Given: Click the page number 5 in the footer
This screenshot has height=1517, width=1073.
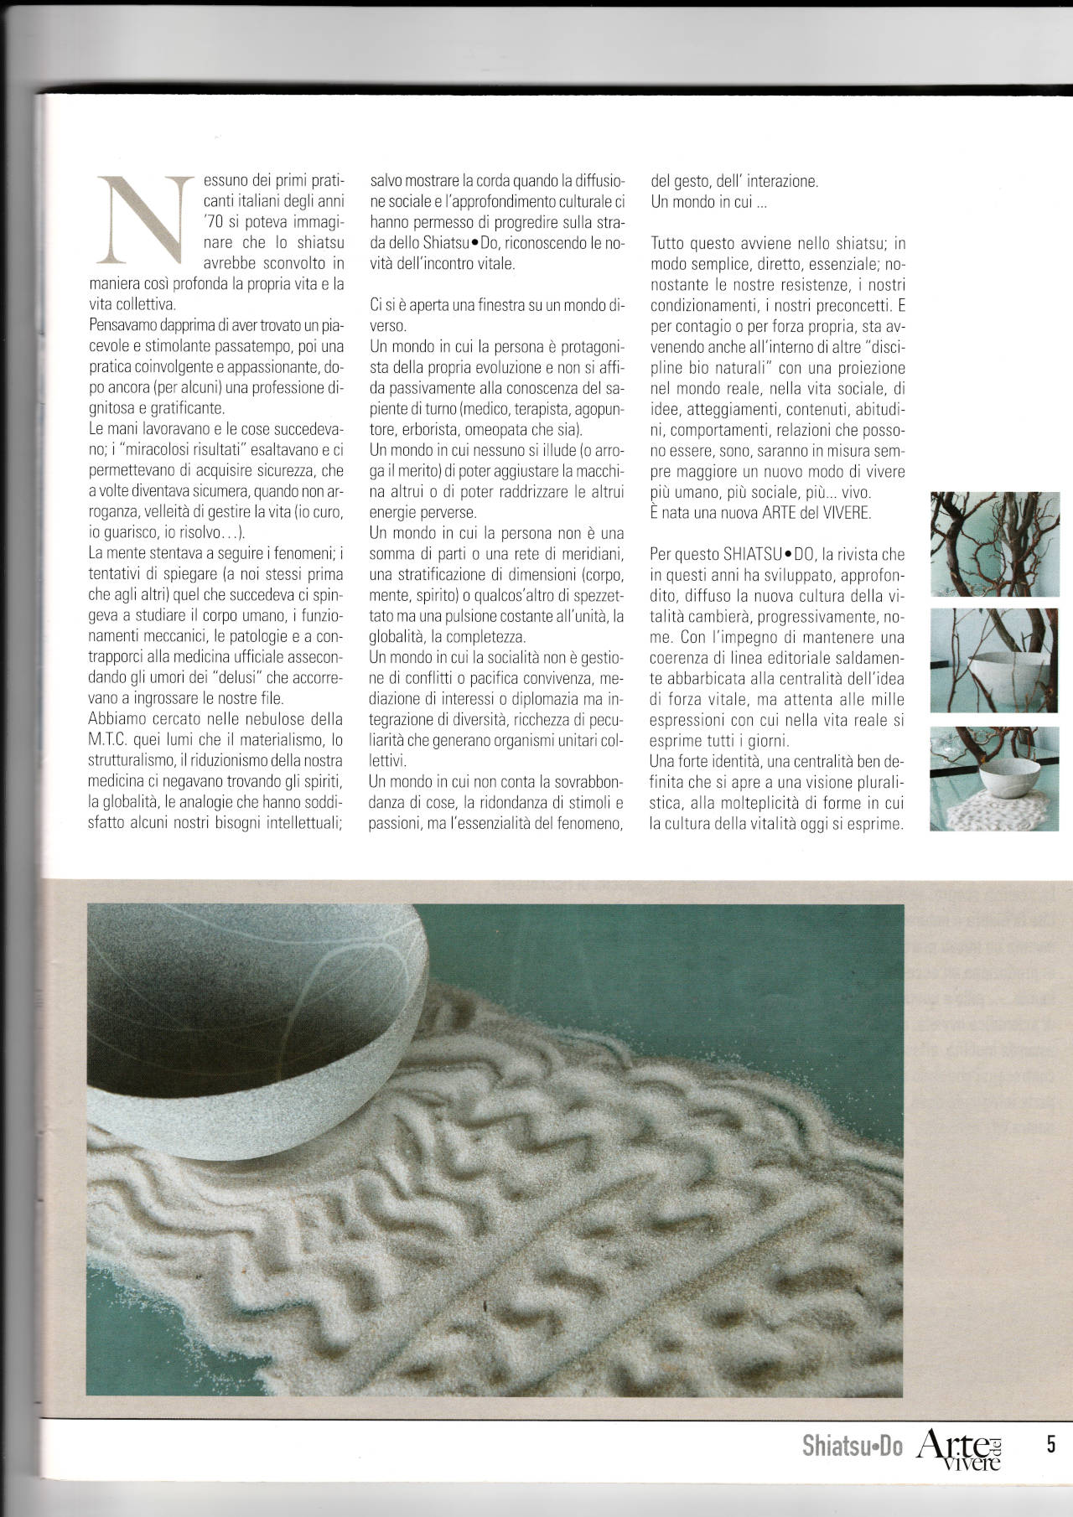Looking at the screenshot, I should coord(1050,1444).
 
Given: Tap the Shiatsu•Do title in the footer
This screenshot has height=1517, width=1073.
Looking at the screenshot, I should coord(852,1446).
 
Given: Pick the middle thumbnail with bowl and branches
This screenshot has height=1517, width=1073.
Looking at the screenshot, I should coord(995,660).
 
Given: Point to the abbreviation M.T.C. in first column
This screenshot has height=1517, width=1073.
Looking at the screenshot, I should coord(111,740).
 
